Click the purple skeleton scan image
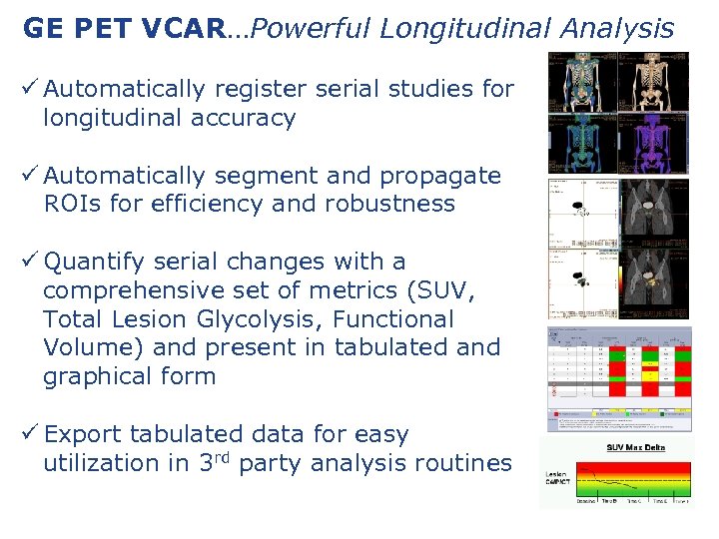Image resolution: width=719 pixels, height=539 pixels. pos(654,143)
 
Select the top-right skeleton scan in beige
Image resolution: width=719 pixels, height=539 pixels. pos(654,82)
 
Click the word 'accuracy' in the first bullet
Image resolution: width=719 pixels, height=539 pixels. pos(246,118)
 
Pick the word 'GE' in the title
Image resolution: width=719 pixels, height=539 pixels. pos(42,29)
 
